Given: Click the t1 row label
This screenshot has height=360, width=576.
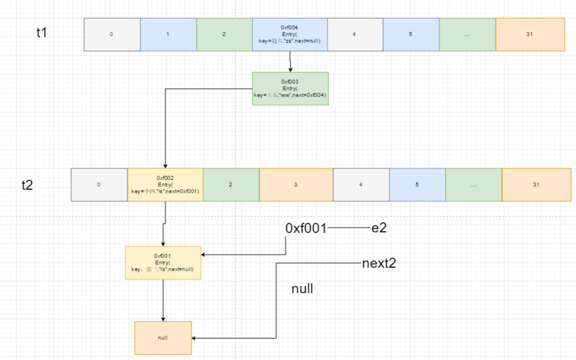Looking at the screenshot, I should (x=42, y=32).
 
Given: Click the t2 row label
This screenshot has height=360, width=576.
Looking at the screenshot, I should (x=27, y=185).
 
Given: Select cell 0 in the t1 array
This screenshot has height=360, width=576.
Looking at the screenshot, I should (x=112, y=34).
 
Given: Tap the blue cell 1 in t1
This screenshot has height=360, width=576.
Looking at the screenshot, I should (x=168, y=34).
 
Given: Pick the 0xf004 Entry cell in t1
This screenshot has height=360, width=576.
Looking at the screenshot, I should (x=290, y=34).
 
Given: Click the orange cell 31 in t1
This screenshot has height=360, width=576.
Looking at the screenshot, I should (x=530, y=34).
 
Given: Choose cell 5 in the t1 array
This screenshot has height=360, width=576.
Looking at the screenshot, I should (x=411, y=34).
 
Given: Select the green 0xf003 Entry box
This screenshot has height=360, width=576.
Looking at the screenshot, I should (x=290, y=88).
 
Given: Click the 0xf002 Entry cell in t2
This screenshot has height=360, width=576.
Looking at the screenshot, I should (x=165, y=185).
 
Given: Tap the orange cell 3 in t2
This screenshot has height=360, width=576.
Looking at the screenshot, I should (x=296, y=185).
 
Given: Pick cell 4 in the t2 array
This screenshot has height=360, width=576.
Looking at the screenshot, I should (x=361, y=185).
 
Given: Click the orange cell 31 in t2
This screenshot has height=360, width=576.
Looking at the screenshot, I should (x=536, y=185).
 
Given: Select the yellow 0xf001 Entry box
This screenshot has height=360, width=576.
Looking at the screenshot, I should (x=163, y=263).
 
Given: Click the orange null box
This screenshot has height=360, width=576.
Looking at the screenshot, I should (x=163, y=338).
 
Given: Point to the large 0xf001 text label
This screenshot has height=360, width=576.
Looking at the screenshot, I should (x=306, y=228).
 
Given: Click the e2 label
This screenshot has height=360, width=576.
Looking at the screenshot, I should (x=379, y=228).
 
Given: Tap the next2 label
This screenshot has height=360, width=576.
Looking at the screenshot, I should (x=379, y=263).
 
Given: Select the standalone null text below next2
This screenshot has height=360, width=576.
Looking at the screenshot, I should (x=302, y=289).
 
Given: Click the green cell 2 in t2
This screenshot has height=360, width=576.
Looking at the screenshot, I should (x=231, y=185).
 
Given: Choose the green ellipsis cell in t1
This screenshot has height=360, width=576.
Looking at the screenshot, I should (x=467, y=34).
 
